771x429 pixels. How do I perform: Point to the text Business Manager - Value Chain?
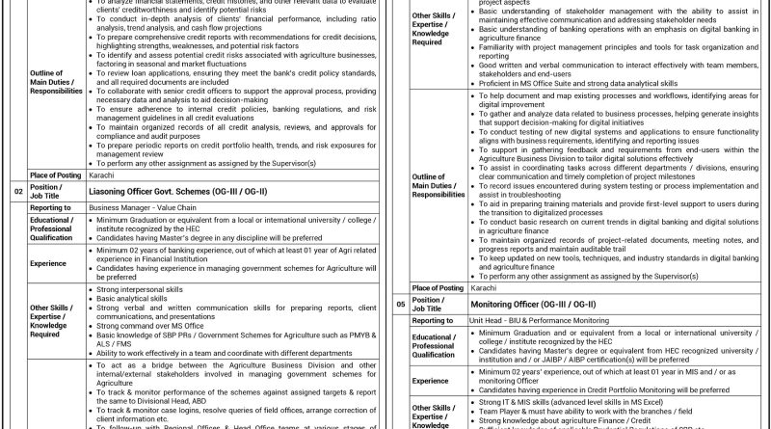coord(140,206)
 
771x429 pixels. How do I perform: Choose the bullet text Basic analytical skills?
coord(136,298)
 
